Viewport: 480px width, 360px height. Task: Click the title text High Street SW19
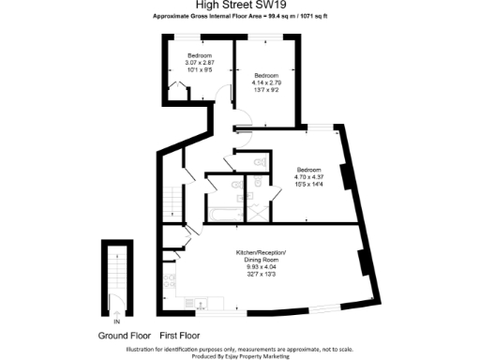[x=240, y=6]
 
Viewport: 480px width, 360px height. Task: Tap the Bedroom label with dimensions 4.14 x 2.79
[x=266, y=81]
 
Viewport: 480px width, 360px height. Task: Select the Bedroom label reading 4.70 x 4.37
[x=309, y=172]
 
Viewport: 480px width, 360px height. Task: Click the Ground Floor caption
[x=124, y=335]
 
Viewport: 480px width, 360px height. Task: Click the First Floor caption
[x=182, y=335]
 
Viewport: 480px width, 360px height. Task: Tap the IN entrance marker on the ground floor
[x=116, y=299]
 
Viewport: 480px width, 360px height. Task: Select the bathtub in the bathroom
[x=222, y=212]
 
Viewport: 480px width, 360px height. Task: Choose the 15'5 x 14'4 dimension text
[x=309, y=185]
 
